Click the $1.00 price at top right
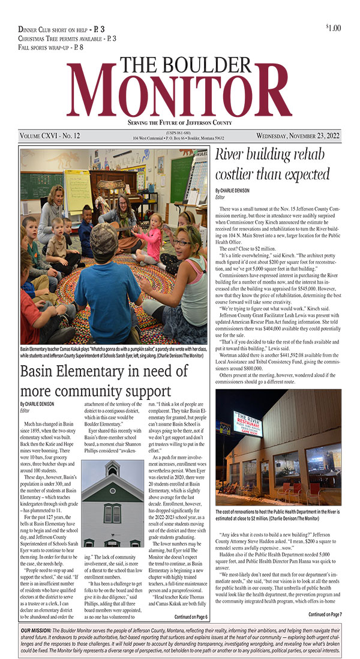333,28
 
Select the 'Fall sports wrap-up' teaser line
51,47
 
